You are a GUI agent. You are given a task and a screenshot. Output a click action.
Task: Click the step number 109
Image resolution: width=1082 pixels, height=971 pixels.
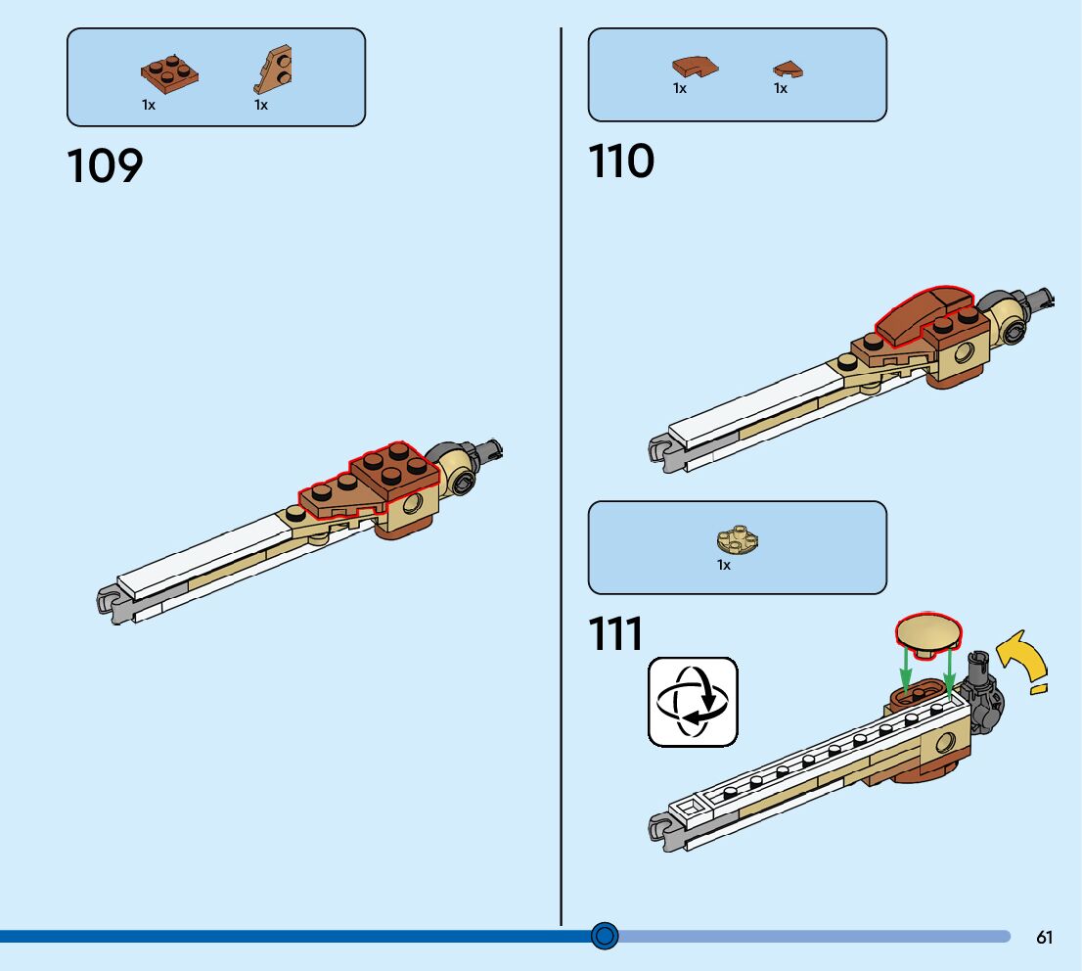[x=105, y=166]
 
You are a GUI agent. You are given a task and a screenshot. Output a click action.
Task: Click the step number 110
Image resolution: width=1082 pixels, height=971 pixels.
[x=621, y=162]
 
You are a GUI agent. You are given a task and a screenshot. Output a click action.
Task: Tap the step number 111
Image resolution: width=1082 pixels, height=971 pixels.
[x=616, y=634]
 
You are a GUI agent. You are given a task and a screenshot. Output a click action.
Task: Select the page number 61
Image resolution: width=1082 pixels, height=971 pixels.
[x=1044, y=938]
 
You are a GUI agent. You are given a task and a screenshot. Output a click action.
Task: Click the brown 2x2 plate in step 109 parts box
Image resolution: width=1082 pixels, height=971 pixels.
[x=168, y=73]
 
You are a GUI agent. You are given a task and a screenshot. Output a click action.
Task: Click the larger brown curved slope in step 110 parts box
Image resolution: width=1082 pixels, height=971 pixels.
[x=694, y=67]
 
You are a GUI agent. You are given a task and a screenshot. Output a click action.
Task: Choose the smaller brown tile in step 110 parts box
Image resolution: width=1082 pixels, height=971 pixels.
[x=788, y=69]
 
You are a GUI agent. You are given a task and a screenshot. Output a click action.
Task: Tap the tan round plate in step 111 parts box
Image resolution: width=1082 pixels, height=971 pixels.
[x=739, y=538]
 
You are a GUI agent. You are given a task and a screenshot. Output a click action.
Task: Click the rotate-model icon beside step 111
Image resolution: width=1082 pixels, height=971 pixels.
[x=693, y=702]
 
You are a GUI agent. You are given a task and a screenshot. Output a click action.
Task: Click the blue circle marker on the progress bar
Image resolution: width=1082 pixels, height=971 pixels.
[x=606, y=937]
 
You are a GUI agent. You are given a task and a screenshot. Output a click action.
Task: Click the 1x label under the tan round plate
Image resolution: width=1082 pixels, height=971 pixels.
[x=724, y=566]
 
